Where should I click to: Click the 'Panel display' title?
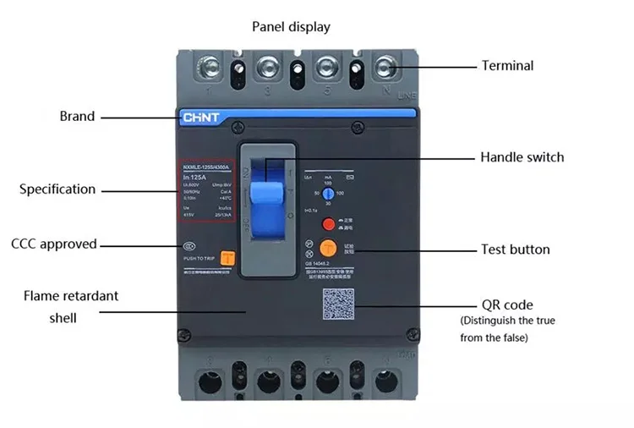(x=291, y=27)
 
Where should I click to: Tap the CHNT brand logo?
(x=199, y=118)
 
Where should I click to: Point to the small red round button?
(x=329, y=224)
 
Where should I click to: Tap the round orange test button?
(x=328, y=248)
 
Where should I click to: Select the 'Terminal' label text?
(x=507, y=65)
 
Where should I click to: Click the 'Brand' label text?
(x=77, y=116)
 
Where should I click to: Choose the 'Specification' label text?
(x=57, y=189)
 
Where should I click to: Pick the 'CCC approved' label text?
(x=54, y=244)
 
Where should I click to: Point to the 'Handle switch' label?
(x=522, y=157)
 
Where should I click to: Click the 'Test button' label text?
(x=515, y=250)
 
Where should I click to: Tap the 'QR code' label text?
(x=507, y=305)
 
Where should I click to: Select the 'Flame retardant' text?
(x=71, y=296)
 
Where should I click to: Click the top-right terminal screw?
(x=387, y=65)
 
